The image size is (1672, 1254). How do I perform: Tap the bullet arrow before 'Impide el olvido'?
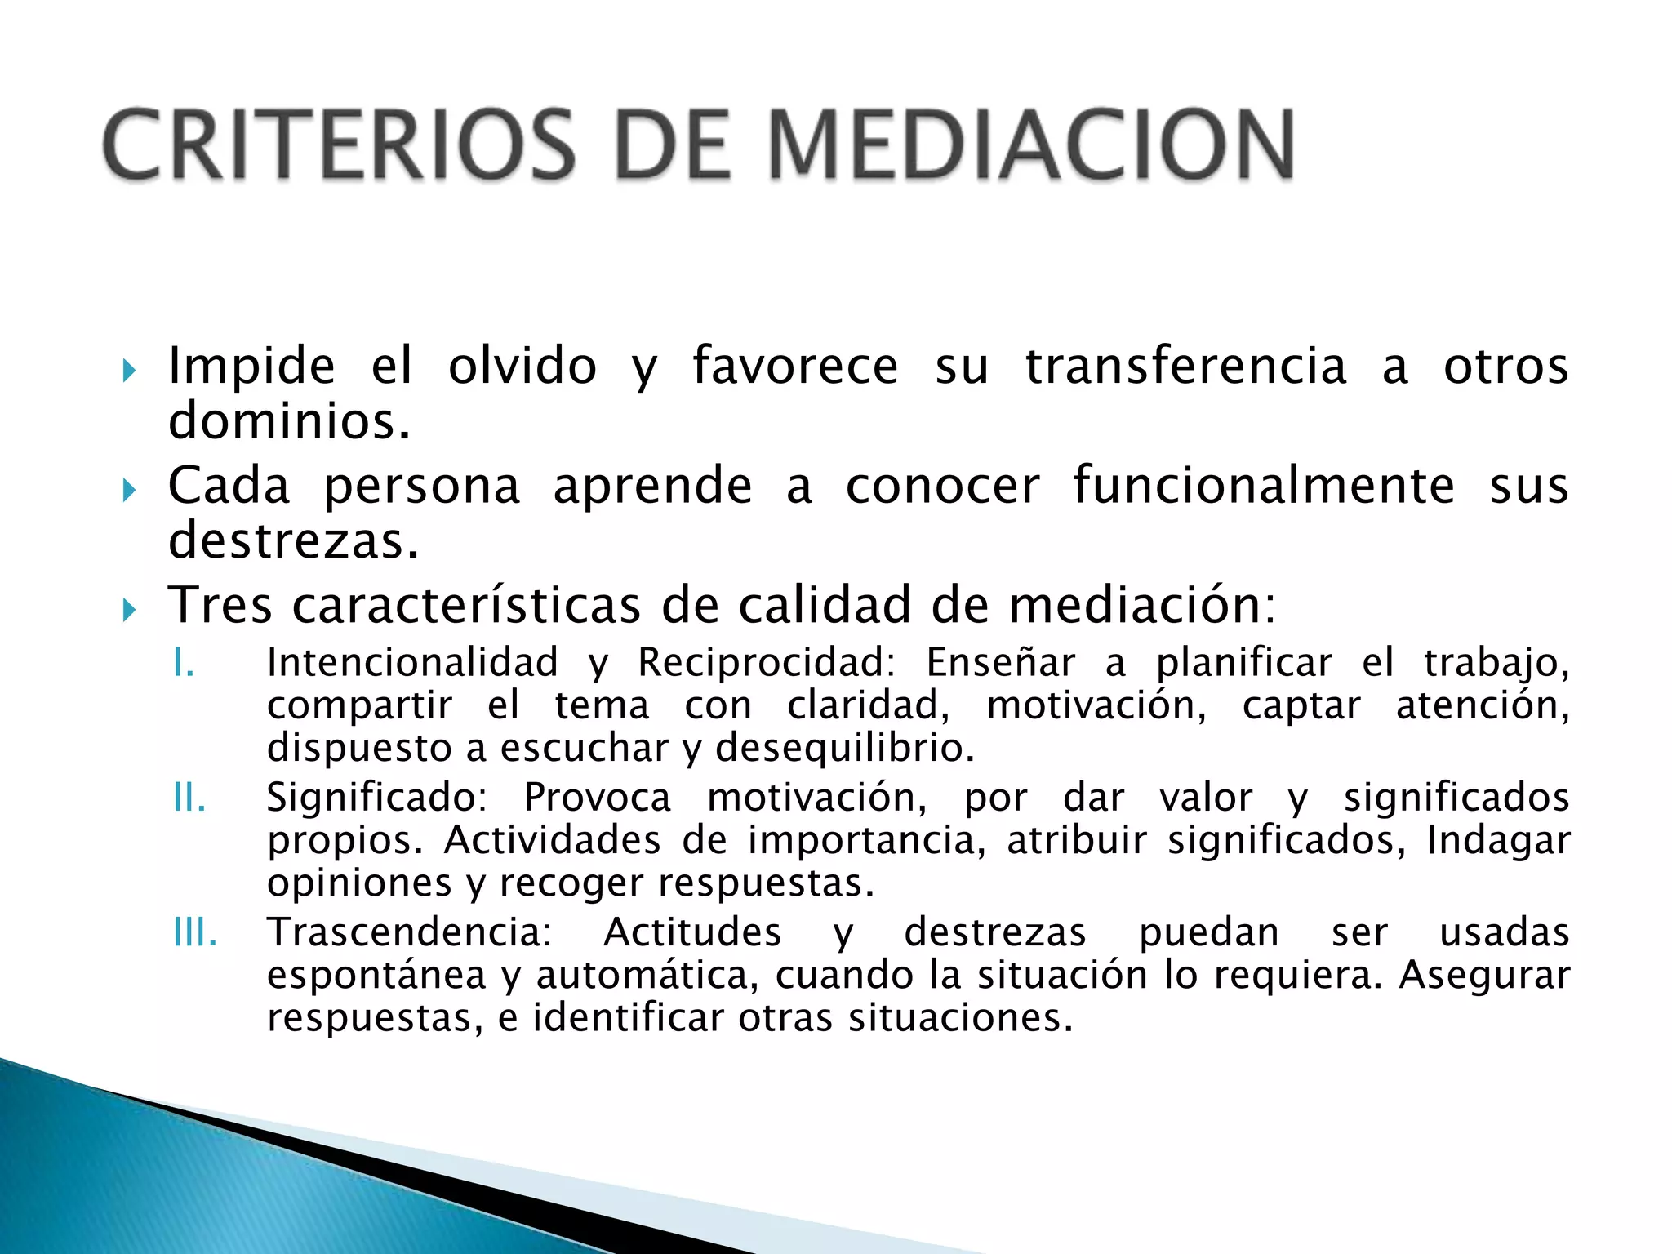tap(129, 371)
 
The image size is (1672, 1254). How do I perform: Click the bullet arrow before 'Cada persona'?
tap(129, 491)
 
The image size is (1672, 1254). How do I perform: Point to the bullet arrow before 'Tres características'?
tap(129, 610)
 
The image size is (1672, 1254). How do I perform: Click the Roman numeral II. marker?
tap(189, 798)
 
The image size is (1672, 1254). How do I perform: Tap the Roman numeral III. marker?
tap(195, 932)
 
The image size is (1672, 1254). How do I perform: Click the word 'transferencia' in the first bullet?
tap(1185, 366)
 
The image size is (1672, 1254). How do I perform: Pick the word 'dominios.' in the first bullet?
tap(289, 421)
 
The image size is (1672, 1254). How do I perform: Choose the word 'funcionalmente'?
tap(1263, 486)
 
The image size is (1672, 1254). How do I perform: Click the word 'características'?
tap(466, 606)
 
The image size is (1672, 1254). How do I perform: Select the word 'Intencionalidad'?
tap(413, 662)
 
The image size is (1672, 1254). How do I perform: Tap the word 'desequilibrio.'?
tap(845, 748)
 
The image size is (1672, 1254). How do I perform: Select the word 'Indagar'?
tap(1498, 841)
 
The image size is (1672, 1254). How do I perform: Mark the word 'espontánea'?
tap(376, 976)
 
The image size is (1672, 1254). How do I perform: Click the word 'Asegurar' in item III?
tap(1484, 975)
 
